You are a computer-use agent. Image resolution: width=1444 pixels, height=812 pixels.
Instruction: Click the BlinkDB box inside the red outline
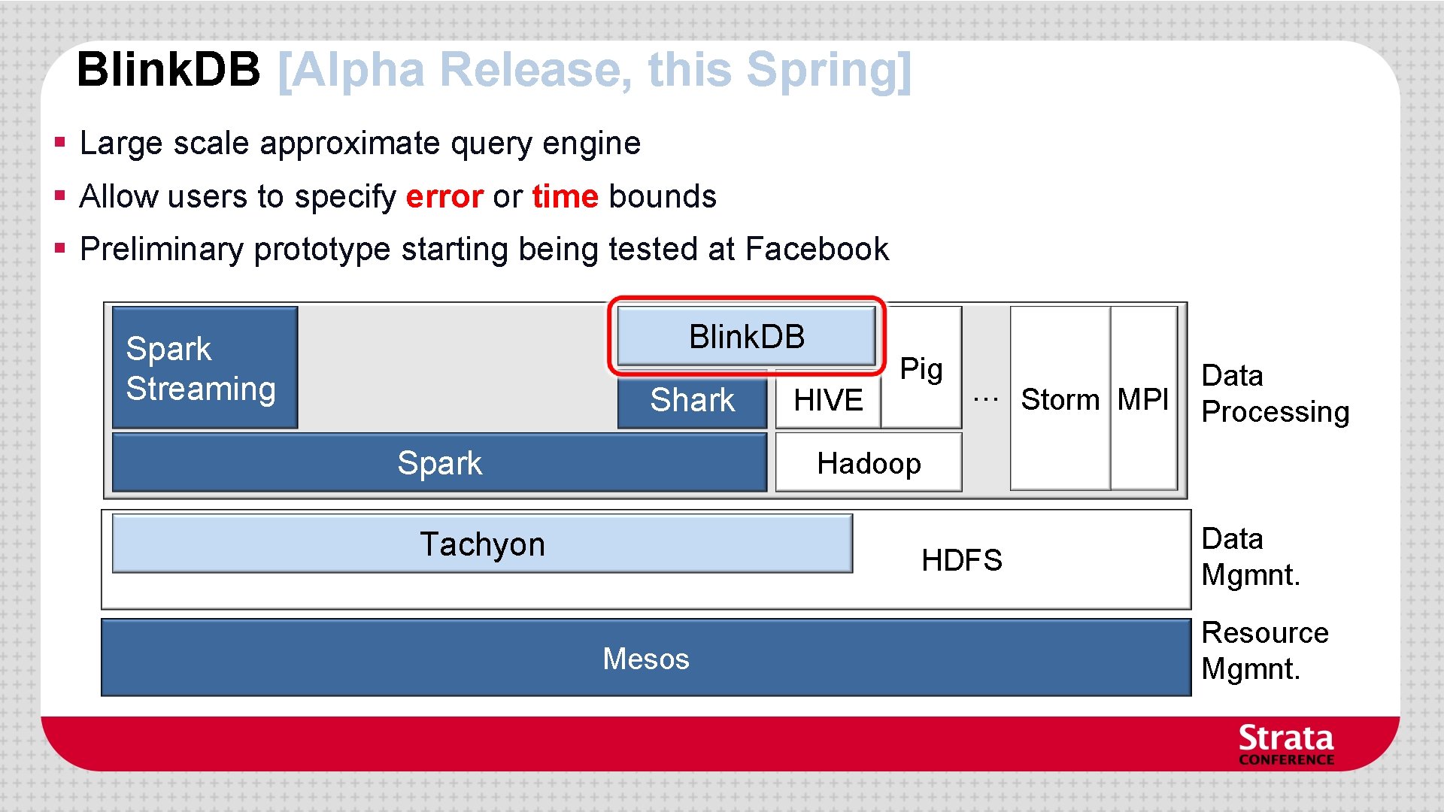[746, 336]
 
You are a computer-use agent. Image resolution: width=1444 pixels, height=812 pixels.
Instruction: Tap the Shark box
[692, 400]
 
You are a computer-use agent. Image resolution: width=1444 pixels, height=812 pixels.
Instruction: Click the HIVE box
[827, 400]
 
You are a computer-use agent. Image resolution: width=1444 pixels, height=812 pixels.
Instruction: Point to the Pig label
[921, 368]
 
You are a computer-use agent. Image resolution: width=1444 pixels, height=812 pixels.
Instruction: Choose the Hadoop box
[868, 463]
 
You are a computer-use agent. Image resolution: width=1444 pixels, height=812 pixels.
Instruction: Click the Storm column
[1059, 399]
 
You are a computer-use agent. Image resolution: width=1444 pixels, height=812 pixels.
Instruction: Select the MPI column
[1142, 399]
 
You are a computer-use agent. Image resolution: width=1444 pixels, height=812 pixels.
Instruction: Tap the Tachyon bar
[482, 544]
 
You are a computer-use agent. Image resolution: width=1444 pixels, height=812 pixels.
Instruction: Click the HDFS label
[961, 560]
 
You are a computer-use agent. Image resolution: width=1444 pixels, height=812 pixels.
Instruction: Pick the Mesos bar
[645, 659]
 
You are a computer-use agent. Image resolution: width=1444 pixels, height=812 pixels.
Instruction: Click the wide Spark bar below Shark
[439, 463]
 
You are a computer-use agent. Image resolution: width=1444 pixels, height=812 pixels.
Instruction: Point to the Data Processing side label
[1274, 393]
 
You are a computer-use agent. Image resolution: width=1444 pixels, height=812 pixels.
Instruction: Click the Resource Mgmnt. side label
[1263, 650]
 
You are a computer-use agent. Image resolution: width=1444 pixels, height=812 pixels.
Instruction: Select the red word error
[444, 196]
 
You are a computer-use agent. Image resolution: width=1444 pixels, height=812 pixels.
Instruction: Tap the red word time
[565, 196]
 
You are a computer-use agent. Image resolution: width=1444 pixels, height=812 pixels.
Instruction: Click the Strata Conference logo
[1285, 744]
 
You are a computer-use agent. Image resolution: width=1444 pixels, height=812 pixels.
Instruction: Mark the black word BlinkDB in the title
[168, 69]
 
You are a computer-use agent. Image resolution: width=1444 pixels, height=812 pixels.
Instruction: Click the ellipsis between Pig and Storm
[985, 399]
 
